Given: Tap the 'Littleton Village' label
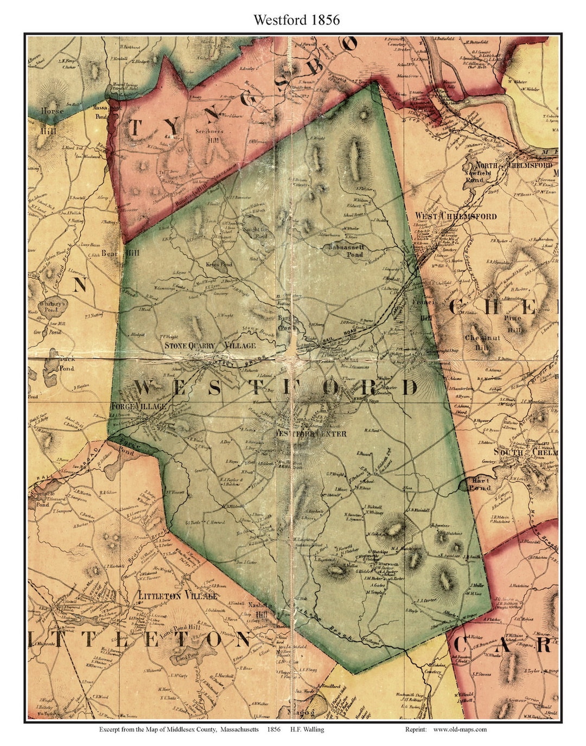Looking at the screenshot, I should point(178,595).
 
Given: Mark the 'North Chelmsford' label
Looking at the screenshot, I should point(514,165).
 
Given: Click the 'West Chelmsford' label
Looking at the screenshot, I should point(456,216).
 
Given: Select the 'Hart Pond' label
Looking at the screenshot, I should point(480,484).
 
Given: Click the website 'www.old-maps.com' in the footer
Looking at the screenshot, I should point(460,729).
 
